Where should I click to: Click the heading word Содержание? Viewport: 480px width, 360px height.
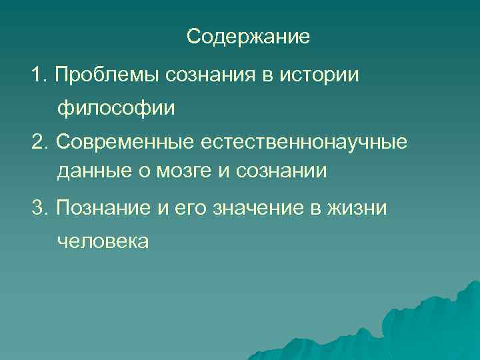coord(248,36)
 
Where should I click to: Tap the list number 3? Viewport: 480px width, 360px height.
coord(39,207)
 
